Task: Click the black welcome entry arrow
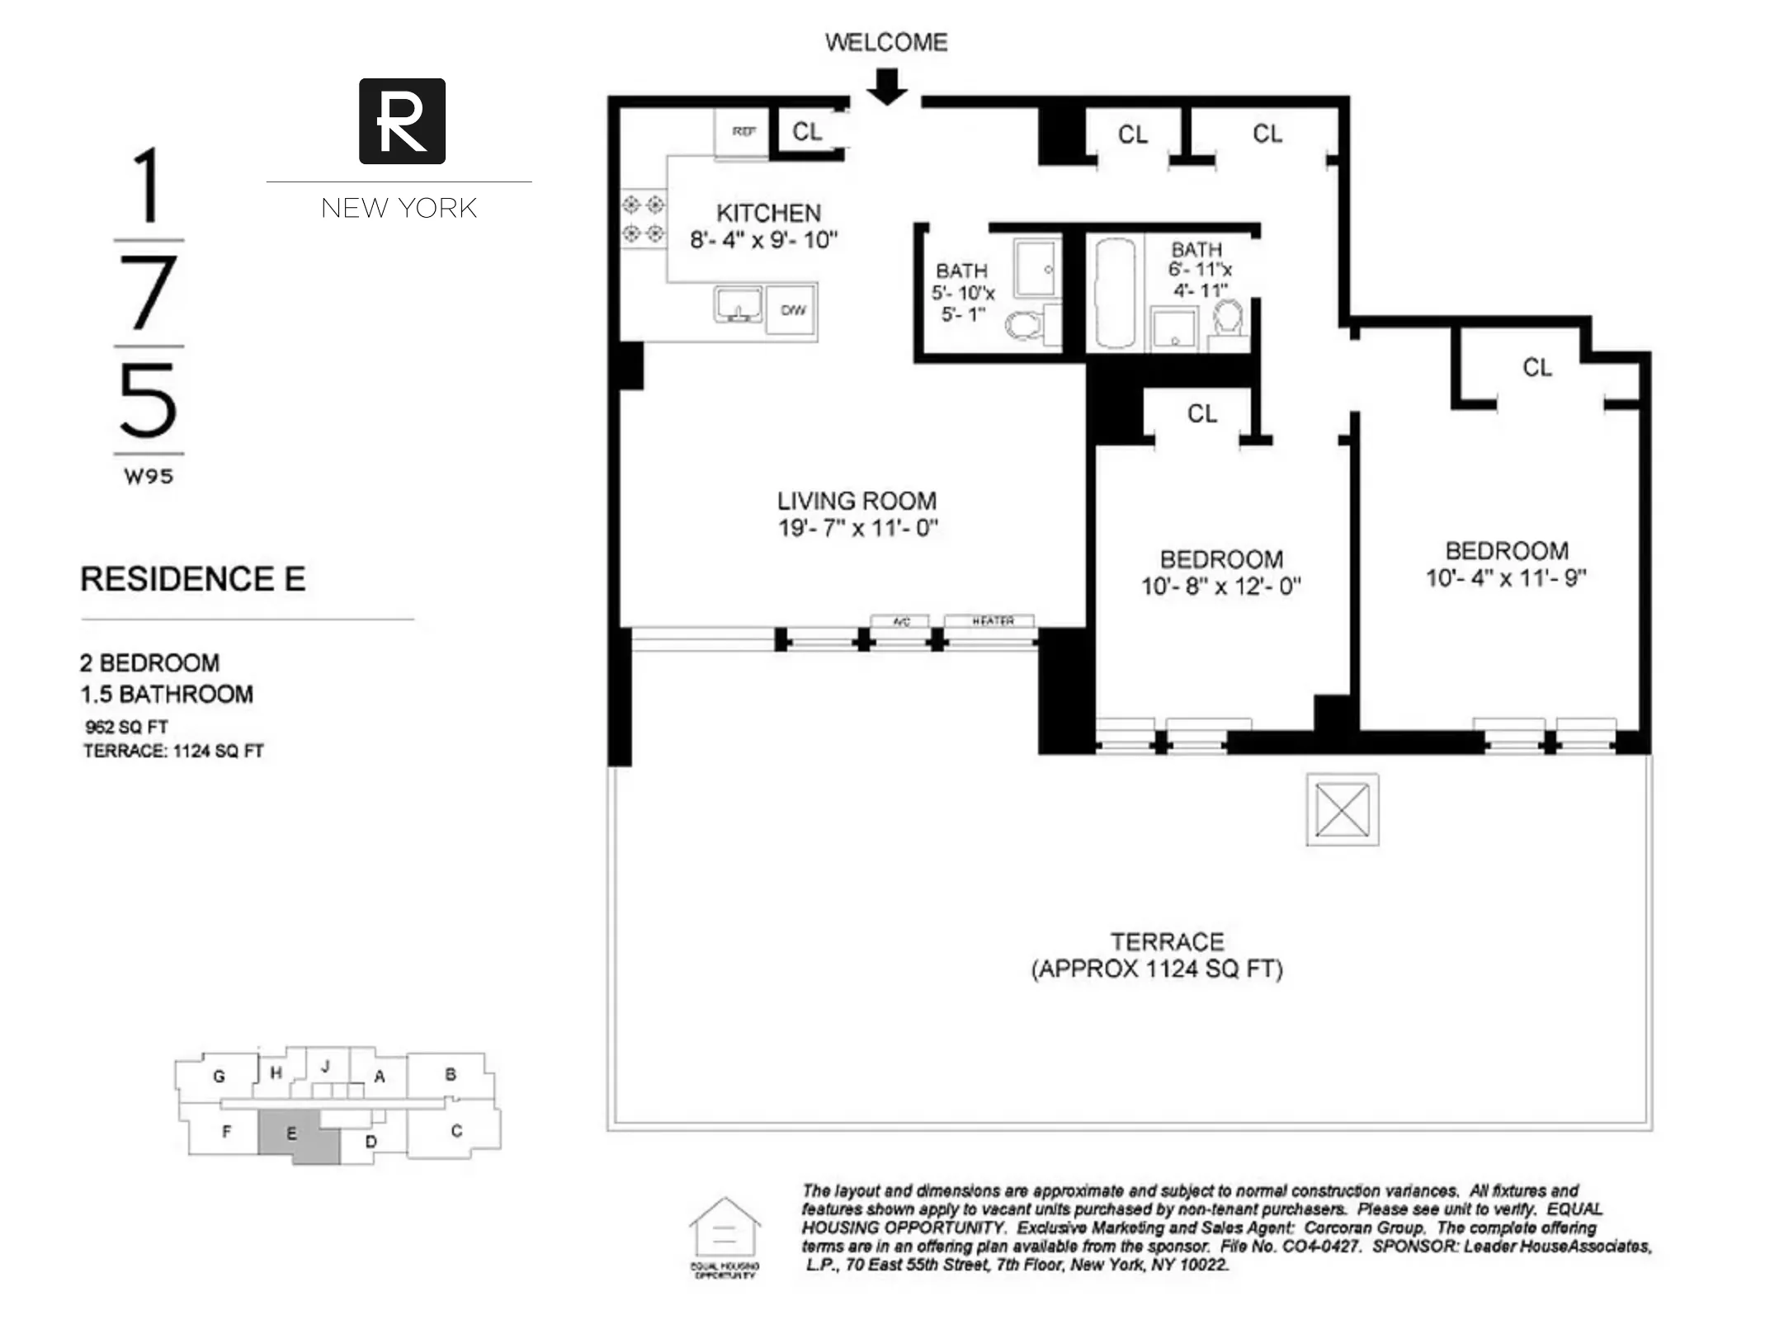[x=887, y=87]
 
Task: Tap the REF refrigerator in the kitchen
[x=743, y=131]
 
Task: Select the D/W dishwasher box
[x=792, y=309]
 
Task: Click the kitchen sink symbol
[x=737, y=305]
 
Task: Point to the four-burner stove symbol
[x=643, y=219]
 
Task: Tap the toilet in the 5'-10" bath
[x=1023, y=326]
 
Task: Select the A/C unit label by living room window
[x=900, y=621]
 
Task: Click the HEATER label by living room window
[x=991, y=621]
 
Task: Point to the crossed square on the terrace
[x=1342, y=809]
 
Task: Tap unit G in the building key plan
[x=219, y=1076]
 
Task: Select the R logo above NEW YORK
[x=402, y=121]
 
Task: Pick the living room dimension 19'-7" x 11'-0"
[x=857, y=528]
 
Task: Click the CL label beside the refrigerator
[x=806, y=131]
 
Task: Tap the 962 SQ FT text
[x=126, y=727]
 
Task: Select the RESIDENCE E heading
[x=192, y=579]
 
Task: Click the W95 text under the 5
[x=149, y=476]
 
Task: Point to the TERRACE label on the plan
[x=1167, y=941]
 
